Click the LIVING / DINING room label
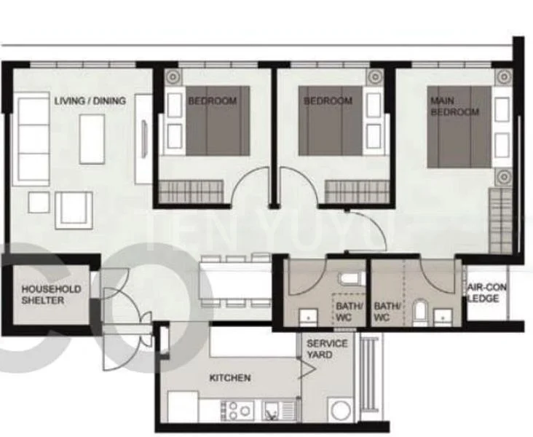90,101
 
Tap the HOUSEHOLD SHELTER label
51,294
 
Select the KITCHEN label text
230,378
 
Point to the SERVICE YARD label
327,349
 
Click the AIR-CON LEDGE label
486,293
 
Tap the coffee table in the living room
92,139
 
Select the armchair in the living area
74,210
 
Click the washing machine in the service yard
340,409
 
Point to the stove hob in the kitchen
237,411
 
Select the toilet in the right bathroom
419,312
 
